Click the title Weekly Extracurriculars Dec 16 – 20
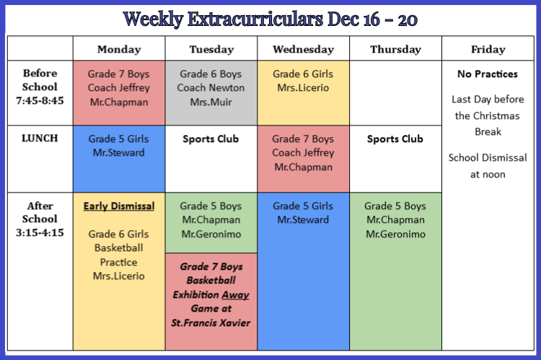point(270,19)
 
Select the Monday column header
point(119,49)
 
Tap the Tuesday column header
point(211,49)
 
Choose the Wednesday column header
point(303,49)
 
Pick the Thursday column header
point(395,49)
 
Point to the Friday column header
point(488,49)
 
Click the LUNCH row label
point(40,138)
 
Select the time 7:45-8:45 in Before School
point(40,100)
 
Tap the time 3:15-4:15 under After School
point(40,232)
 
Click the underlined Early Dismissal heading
point(119,206)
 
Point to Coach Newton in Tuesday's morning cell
point(211,88)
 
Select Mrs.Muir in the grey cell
point(211,102)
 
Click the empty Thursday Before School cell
point(395,93)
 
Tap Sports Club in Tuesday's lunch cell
point(211,139)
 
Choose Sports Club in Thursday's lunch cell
point(395,139)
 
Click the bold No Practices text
point(488,74)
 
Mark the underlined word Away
point(235,295)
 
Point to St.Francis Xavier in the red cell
point(211,322)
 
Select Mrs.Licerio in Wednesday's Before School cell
point(303,88)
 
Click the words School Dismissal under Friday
point(488,158)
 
